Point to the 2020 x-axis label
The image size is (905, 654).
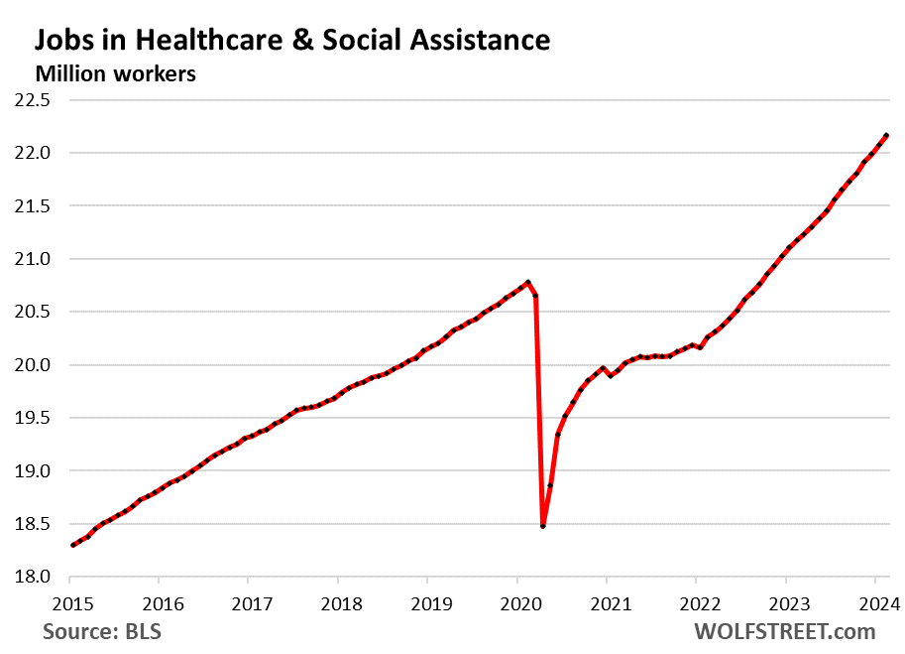click(516, 603)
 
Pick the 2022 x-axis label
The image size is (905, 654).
click(696, 603)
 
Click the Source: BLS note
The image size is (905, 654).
click(102, 631)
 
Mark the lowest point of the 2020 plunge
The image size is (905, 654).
click(542, 526)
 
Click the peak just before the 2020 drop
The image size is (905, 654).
click(528, 282)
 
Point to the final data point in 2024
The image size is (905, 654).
click(886, 135)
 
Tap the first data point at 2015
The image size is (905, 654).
click(72, 545)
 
